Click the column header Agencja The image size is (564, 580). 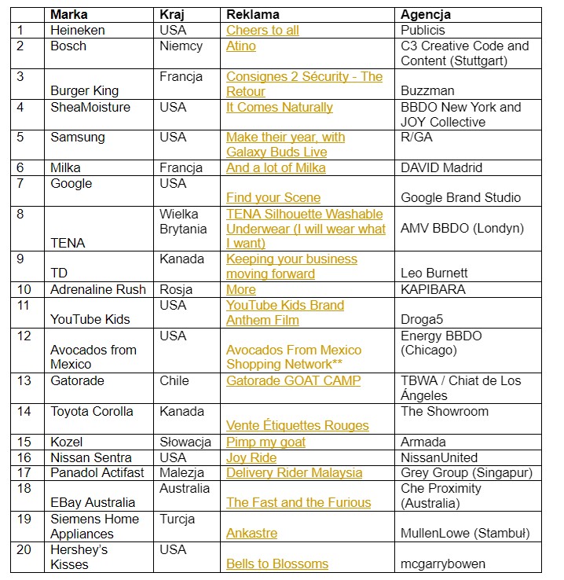[x=426, y=15]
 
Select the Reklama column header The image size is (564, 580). [x=253, y=15]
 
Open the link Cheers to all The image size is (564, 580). [x=262, y=31]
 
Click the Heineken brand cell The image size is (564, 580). [x=77, y=31]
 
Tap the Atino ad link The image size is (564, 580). [x=241, y=46]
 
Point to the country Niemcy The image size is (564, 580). [x=181, y=46]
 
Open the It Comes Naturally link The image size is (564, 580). [x=280, y=107]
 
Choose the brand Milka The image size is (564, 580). [x=65, y=167]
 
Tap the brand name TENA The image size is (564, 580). [x=67, y=244]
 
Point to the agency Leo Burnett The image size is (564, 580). [x=434, y=273]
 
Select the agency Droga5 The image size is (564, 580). [x=422, y=320]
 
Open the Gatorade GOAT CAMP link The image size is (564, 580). [x=294, y=380]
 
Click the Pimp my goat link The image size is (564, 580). [x=266, y=442]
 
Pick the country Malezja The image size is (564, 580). [x=182, y=472]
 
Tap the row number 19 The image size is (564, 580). [x=24, y=519]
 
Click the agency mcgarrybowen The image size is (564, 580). [x=442, y=563]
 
